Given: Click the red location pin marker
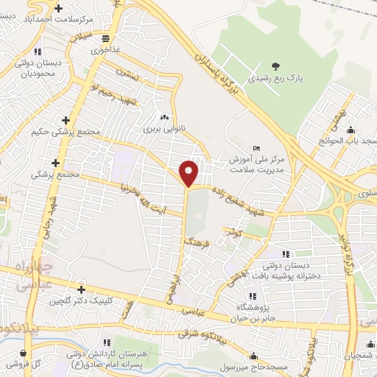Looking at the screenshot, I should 189,173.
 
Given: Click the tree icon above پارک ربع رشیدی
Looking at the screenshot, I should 276,64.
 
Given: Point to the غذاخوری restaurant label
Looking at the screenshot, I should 105,51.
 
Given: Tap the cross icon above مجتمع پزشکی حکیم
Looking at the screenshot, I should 66,120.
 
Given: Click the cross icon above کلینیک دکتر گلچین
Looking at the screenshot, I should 80,289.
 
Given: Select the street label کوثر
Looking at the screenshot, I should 235,232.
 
